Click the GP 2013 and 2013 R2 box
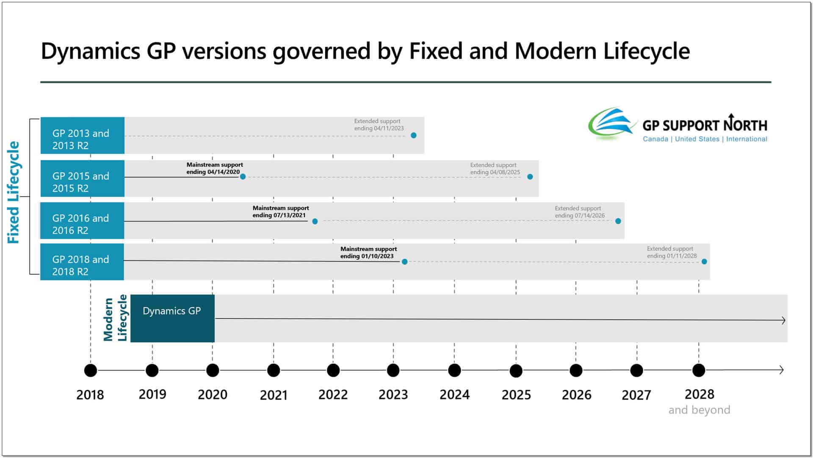point(82,136)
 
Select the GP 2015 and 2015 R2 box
point(82,178)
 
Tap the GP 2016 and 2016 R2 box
point(82,221)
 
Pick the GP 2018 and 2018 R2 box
point(82,262)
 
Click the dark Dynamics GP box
point(172,318)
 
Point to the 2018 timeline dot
point(91,370)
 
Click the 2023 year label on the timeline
point(393,394)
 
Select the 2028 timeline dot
point(699,370)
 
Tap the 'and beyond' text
point(699,410)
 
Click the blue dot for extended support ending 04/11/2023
point(414,136)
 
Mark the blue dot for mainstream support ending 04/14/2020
point(243,177)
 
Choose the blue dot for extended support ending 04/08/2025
point(530,177)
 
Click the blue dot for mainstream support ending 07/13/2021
point(315,221)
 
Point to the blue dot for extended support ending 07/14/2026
point(618,221)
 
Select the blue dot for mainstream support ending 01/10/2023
point(405,262)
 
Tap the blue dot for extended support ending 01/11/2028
point(704,262)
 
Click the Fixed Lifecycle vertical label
point(14,192)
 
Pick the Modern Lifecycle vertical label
point(115,318)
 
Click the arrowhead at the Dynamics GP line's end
point(783,320)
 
